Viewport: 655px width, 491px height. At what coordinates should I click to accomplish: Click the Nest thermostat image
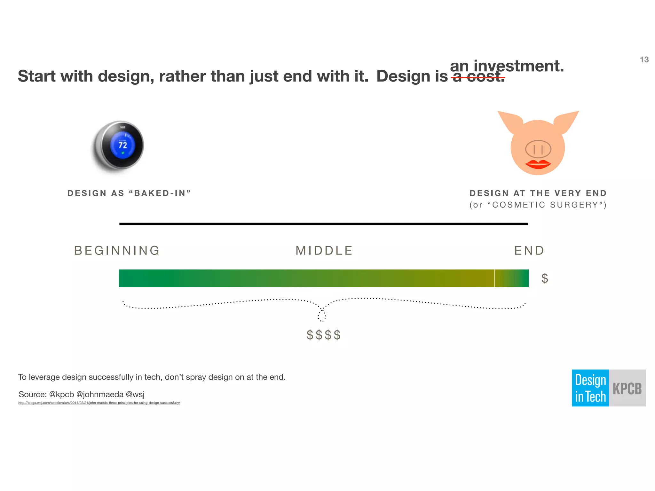pyautogui.click(x=118, y=145)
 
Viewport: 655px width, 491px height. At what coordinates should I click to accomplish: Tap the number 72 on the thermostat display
pyautogui.click(x=123, y=145)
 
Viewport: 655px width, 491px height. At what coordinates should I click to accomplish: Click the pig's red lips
pyautogui.click(x=538, y=164)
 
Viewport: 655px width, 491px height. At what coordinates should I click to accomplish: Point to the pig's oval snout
pyautogui.click(x=538, y=149)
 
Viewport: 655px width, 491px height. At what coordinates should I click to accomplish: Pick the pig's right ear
pyautogui.click(x=565, y=121)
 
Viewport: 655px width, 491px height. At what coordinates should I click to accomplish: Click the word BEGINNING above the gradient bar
pyautogui.click(x=117, y=251)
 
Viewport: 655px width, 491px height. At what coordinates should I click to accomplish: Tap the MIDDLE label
pyautogui.click(x=324, y=251)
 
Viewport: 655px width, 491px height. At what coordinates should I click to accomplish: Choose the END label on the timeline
pyautogui.click(x=529, y=251)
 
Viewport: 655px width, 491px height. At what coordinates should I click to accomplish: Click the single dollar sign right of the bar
pyautogui.click(x=545, y=278)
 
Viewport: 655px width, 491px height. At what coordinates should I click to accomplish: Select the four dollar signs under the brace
pyautogui.click(x=324, y=335)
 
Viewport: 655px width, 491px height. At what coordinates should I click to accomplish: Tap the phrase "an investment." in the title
pyautogui.click(x=507, y=66)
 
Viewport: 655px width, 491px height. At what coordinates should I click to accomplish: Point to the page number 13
pyautogui.click(x=644, y=60)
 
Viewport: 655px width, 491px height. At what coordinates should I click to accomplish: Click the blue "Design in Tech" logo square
pyautogui.click(x=590, y=388)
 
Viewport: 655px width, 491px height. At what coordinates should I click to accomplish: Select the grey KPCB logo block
pyautogui.click(x=627, y=388)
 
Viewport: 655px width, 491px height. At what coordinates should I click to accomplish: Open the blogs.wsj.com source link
pyautogui.click(x=99, y=403)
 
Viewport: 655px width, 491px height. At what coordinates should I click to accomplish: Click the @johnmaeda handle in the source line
pyautogui.click(x=100, y=394)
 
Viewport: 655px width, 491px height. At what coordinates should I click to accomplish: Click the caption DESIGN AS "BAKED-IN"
pyautogui.click(x=129, y=193)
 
